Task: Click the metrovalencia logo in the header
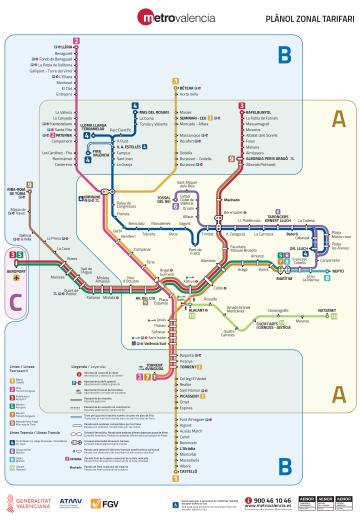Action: [x=180, y=16]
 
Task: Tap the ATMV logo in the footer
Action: [x=70, y=502]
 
